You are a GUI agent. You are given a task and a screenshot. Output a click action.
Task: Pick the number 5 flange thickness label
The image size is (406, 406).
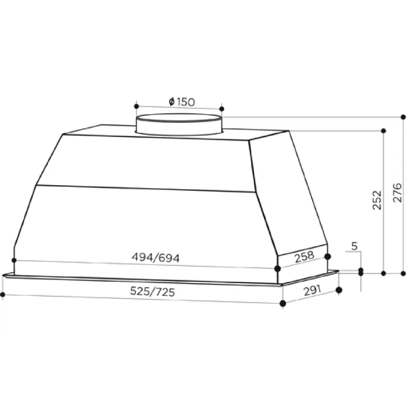coord(354,247)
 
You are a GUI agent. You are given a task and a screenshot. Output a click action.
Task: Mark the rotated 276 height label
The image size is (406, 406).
coord(397,192)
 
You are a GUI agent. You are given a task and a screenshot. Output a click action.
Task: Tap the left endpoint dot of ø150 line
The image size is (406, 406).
coord(137,106)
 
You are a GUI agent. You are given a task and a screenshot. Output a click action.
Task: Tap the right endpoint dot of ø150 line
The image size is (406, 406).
coord(221,108)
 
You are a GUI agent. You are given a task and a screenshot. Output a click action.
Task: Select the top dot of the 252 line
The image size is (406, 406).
coord(383,131)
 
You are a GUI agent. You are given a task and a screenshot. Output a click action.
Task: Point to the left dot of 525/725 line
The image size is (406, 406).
coord(3,294)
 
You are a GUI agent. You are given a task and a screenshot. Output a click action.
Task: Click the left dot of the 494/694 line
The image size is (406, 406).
coord(14,260)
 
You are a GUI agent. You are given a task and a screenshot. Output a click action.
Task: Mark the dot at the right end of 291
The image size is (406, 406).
coord(339,290)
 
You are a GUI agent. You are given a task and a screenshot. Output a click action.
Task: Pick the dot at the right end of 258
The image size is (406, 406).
coord(328,257)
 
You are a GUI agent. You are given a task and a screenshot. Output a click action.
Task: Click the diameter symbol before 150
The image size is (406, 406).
coord(172,102)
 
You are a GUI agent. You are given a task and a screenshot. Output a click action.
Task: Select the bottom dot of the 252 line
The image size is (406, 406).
coord(383,273)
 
